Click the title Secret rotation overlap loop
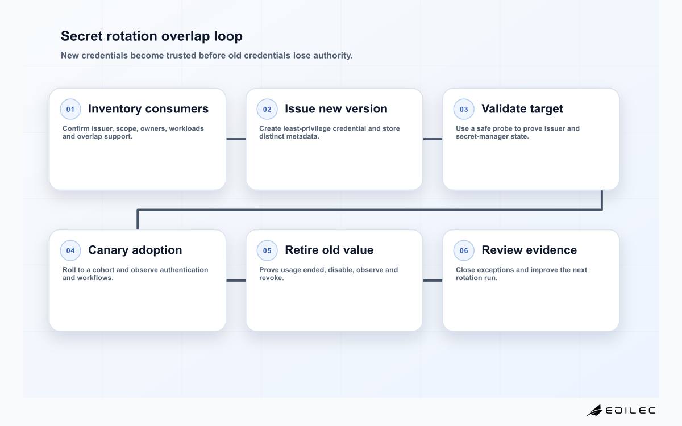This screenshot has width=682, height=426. click(x=152, y=36)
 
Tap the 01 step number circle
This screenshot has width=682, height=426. click(x=70, y=109)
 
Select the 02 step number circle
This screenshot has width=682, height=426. click(x=267, y=109)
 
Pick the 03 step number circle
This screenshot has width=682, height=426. click(x=464, y=109)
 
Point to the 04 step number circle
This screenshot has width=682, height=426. click(x=70, y=250)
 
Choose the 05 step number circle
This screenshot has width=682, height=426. click(x=267, y=250)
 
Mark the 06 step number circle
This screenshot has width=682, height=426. click(x=464, y=250)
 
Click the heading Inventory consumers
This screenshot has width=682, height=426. click(x=148, y=108)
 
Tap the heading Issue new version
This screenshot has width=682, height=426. click(x=336, y=108)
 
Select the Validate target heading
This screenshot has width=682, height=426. click(x=522, y=109)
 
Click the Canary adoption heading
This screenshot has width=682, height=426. click(x=135, y=250)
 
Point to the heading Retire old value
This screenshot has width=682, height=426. click(x=329, y=250)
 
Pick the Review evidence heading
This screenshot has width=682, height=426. click(x=529, y=250)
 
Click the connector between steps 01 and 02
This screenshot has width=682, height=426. click(x=236, y=139)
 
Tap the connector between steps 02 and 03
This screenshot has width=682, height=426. click(x=433, y=139)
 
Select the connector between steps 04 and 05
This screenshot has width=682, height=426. click(x=236, y=281)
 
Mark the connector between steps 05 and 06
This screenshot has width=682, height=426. click(x=433, y=281)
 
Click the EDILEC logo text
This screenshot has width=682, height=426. click(x=630, y=411)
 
